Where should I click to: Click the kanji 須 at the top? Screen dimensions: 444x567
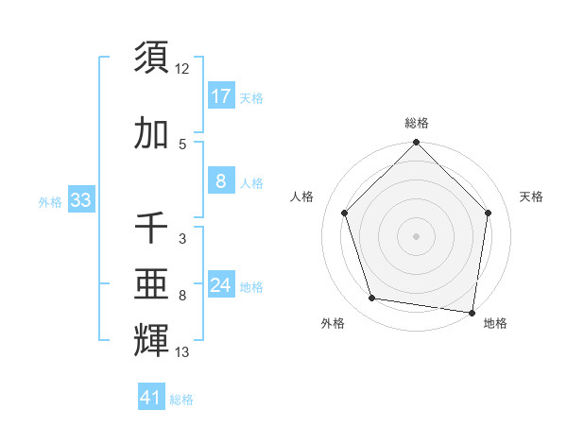coord(151,58)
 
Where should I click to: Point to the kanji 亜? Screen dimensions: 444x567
coord(151,283)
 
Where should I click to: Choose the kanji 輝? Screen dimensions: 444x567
coord(151,339)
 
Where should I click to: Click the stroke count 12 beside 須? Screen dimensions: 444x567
coord(182,69)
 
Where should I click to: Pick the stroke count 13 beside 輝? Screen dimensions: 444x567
coord(182,352)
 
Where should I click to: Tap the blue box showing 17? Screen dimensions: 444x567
coord(220,95)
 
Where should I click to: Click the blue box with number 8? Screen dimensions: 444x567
coord(220,182)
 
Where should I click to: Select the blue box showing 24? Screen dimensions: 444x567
coord(221,285)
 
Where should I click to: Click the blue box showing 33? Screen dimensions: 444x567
coord(80,200)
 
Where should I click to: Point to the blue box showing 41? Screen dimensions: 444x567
coord(151,398)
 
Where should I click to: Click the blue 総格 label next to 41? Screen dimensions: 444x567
coord(181,400)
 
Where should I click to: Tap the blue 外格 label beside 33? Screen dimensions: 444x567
coord(50,201)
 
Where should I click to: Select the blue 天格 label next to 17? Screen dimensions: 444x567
coord(251,97)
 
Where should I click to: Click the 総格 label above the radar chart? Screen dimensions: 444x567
coord(417,123)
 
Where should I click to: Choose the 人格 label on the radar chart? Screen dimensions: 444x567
coord(302,196)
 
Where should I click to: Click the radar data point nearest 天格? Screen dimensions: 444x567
coord(489,213)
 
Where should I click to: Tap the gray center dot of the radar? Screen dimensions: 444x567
coord(417,235)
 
